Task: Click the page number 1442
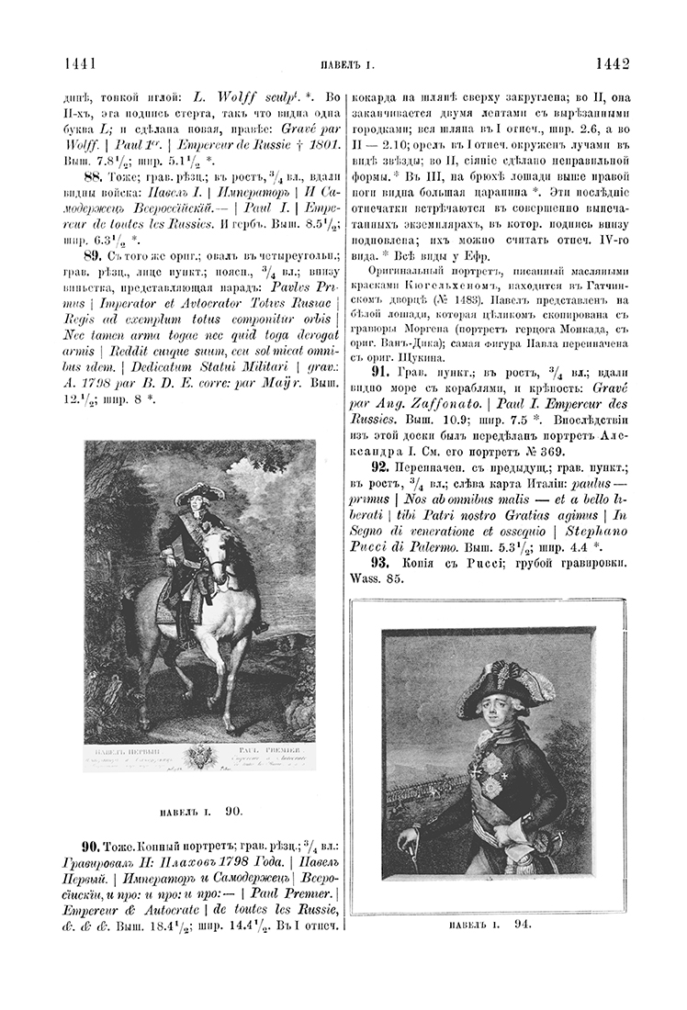click(611, 63)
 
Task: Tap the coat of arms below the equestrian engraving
click(199, 758)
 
